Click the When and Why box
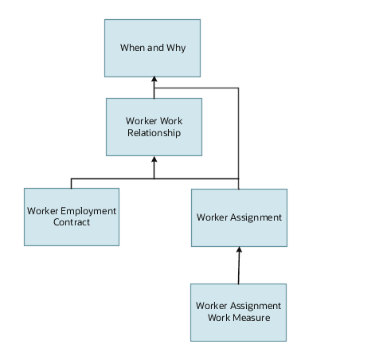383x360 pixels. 152,48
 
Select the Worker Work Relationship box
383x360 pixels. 154,127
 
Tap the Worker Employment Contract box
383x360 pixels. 72,217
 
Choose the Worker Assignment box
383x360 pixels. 239,217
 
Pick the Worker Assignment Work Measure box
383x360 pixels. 238,311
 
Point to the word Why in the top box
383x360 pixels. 175,48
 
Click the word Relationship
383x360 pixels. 154,133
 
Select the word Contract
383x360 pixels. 72,222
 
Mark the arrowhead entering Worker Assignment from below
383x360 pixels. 239,251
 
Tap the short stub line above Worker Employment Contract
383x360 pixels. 72,183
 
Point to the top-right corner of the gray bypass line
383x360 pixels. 238,88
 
